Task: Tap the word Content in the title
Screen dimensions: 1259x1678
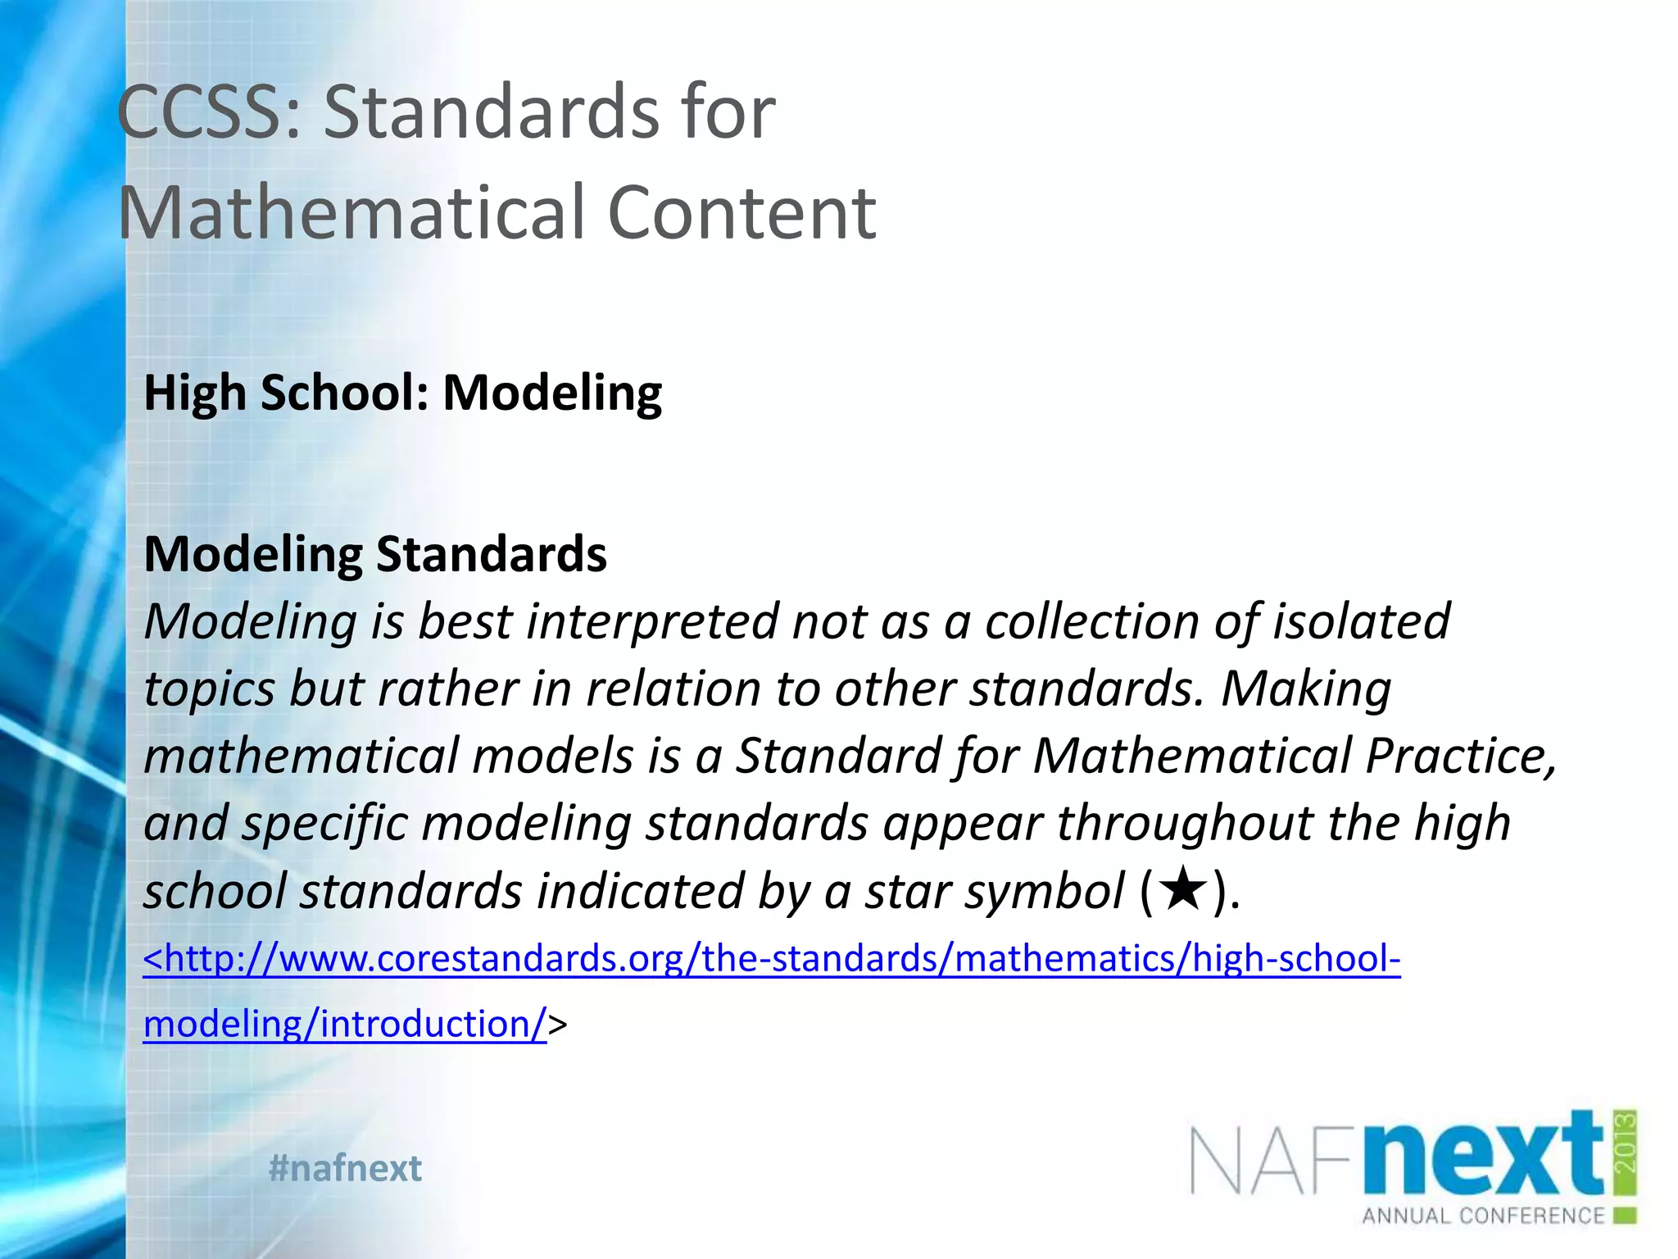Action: (741, 213)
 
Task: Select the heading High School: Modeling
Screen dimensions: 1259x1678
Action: (402, 393)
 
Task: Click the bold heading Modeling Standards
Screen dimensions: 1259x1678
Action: (375, 555)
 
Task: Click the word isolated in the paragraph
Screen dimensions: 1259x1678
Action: (1361, 621)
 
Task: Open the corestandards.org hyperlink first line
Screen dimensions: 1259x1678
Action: (772, 959)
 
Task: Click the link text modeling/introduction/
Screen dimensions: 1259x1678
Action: (345, 1025)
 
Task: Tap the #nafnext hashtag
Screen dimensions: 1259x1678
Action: (345, 1168)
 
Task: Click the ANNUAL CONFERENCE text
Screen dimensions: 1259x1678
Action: (1483, 1216)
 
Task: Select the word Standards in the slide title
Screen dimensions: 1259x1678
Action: (492, 112)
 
